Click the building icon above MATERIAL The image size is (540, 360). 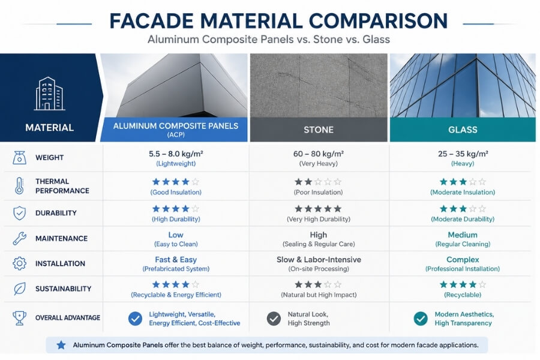[49, 94]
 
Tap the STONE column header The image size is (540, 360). [319, 130]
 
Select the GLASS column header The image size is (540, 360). [463, 130]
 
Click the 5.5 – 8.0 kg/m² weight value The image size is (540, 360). [176, 154]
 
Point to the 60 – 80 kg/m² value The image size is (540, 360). [319, 154]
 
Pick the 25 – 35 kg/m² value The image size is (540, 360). [462, 154]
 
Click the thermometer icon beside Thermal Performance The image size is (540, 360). [19, 186]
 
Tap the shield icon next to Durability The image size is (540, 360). [19, 213]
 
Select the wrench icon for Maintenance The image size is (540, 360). [19, 238]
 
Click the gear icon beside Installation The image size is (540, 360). [19, 263]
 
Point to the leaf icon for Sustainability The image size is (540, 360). [19, 289]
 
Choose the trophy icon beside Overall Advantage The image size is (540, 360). [19, 317]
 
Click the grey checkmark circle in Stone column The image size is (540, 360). [274, 319]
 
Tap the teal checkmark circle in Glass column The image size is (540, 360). [421, 319]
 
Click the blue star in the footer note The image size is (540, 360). [61, 345]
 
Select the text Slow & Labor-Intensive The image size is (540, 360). [319, 260]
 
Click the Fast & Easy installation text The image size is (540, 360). [176, 260]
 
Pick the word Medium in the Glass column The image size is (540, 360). [462, 235]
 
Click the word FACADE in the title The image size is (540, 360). [157, 21]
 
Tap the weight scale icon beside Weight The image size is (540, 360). [19, 158]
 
